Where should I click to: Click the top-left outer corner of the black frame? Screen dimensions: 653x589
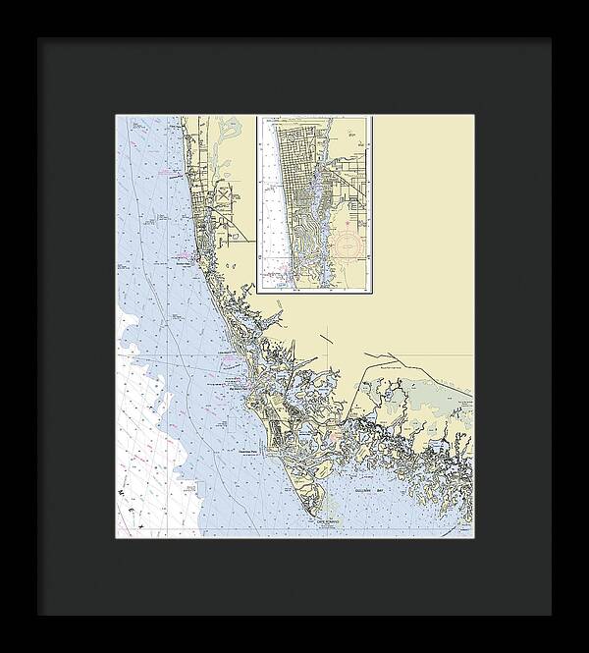tap(38, 38)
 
